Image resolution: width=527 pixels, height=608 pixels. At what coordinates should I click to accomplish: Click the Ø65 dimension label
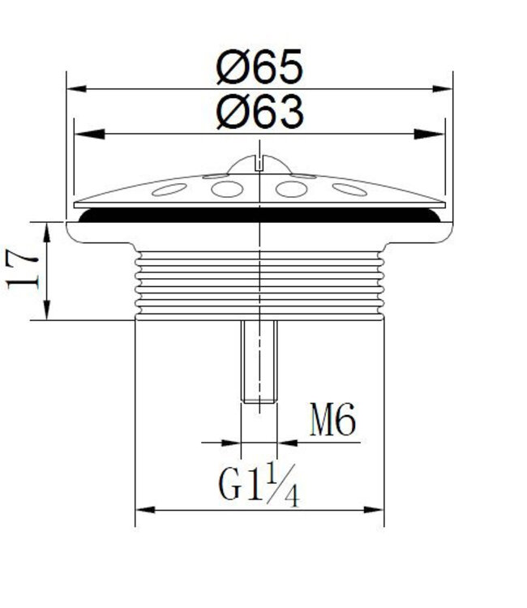click(259, 66)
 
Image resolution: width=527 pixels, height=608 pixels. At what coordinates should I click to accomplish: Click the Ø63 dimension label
click(259, 112)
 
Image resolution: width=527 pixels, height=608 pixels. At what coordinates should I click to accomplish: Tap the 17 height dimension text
click(22, 269)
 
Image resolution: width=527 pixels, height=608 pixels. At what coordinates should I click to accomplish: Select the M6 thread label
click(332, 419)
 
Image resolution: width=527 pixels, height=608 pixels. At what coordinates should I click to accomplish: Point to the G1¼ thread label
click(259, 485)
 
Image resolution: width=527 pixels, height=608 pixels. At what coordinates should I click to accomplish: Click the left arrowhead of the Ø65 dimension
click(76, 89)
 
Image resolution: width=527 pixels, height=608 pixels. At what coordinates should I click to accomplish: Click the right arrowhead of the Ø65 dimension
click(443, 89)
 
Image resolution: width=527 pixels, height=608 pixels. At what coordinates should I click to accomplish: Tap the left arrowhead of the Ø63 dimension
click(89, 134)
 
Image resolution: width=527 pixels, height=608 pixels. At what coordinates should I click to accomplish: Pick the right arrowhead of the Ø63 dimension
click(429, 134)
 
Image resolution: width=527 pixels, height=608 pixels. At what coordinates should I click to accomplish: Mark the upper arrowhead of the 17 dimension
click(46, 233)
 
